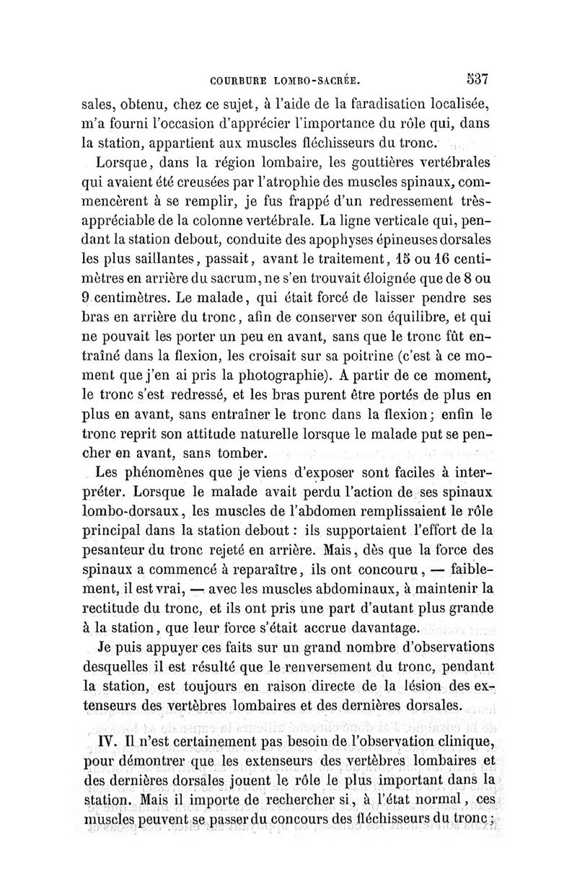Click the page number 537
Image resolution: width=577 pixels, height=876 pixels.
pyautogui.click(x=477, y=76)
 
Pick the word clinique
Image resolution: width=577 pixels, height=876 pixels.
pyautogui.click(x=464, y=742)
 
